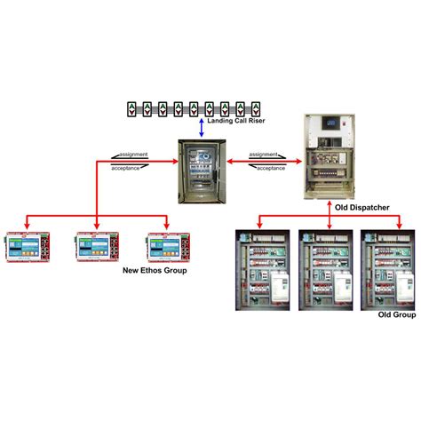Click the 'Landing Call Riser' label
[x=237, y=122]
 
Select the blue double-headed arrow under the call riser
[x=201, y=128]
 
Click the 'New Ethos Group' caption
[x=154, y=269]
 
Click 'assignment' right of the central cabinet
[x=264, y=155]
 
